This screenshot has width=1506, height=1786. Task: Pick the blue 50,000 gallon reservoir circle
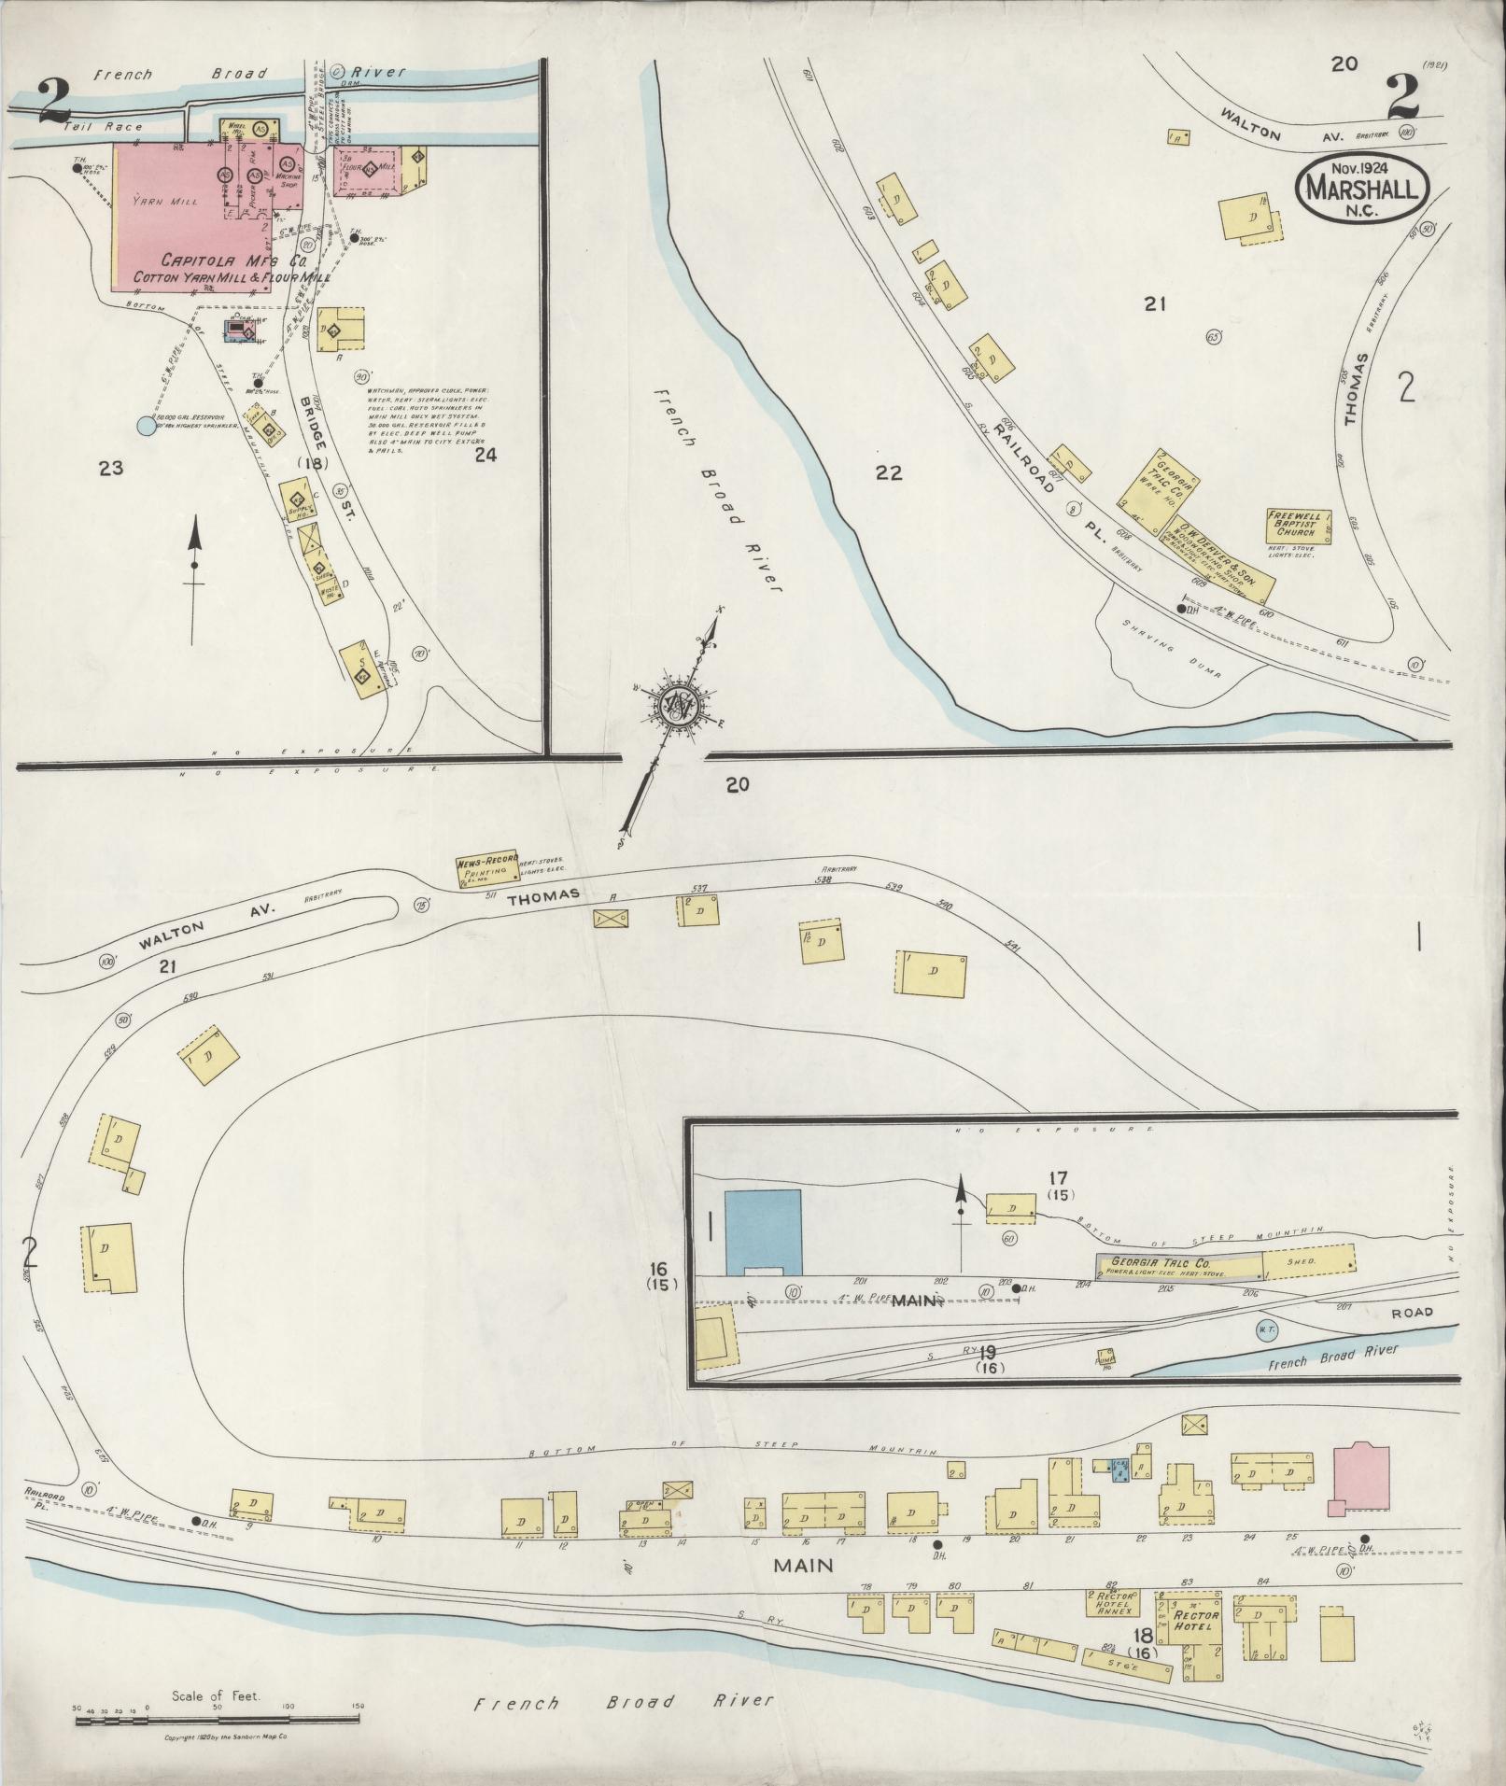146,427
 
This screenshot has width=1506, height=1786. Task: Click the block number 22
889,472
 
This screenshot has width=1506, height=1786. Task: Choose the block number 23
111,468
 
